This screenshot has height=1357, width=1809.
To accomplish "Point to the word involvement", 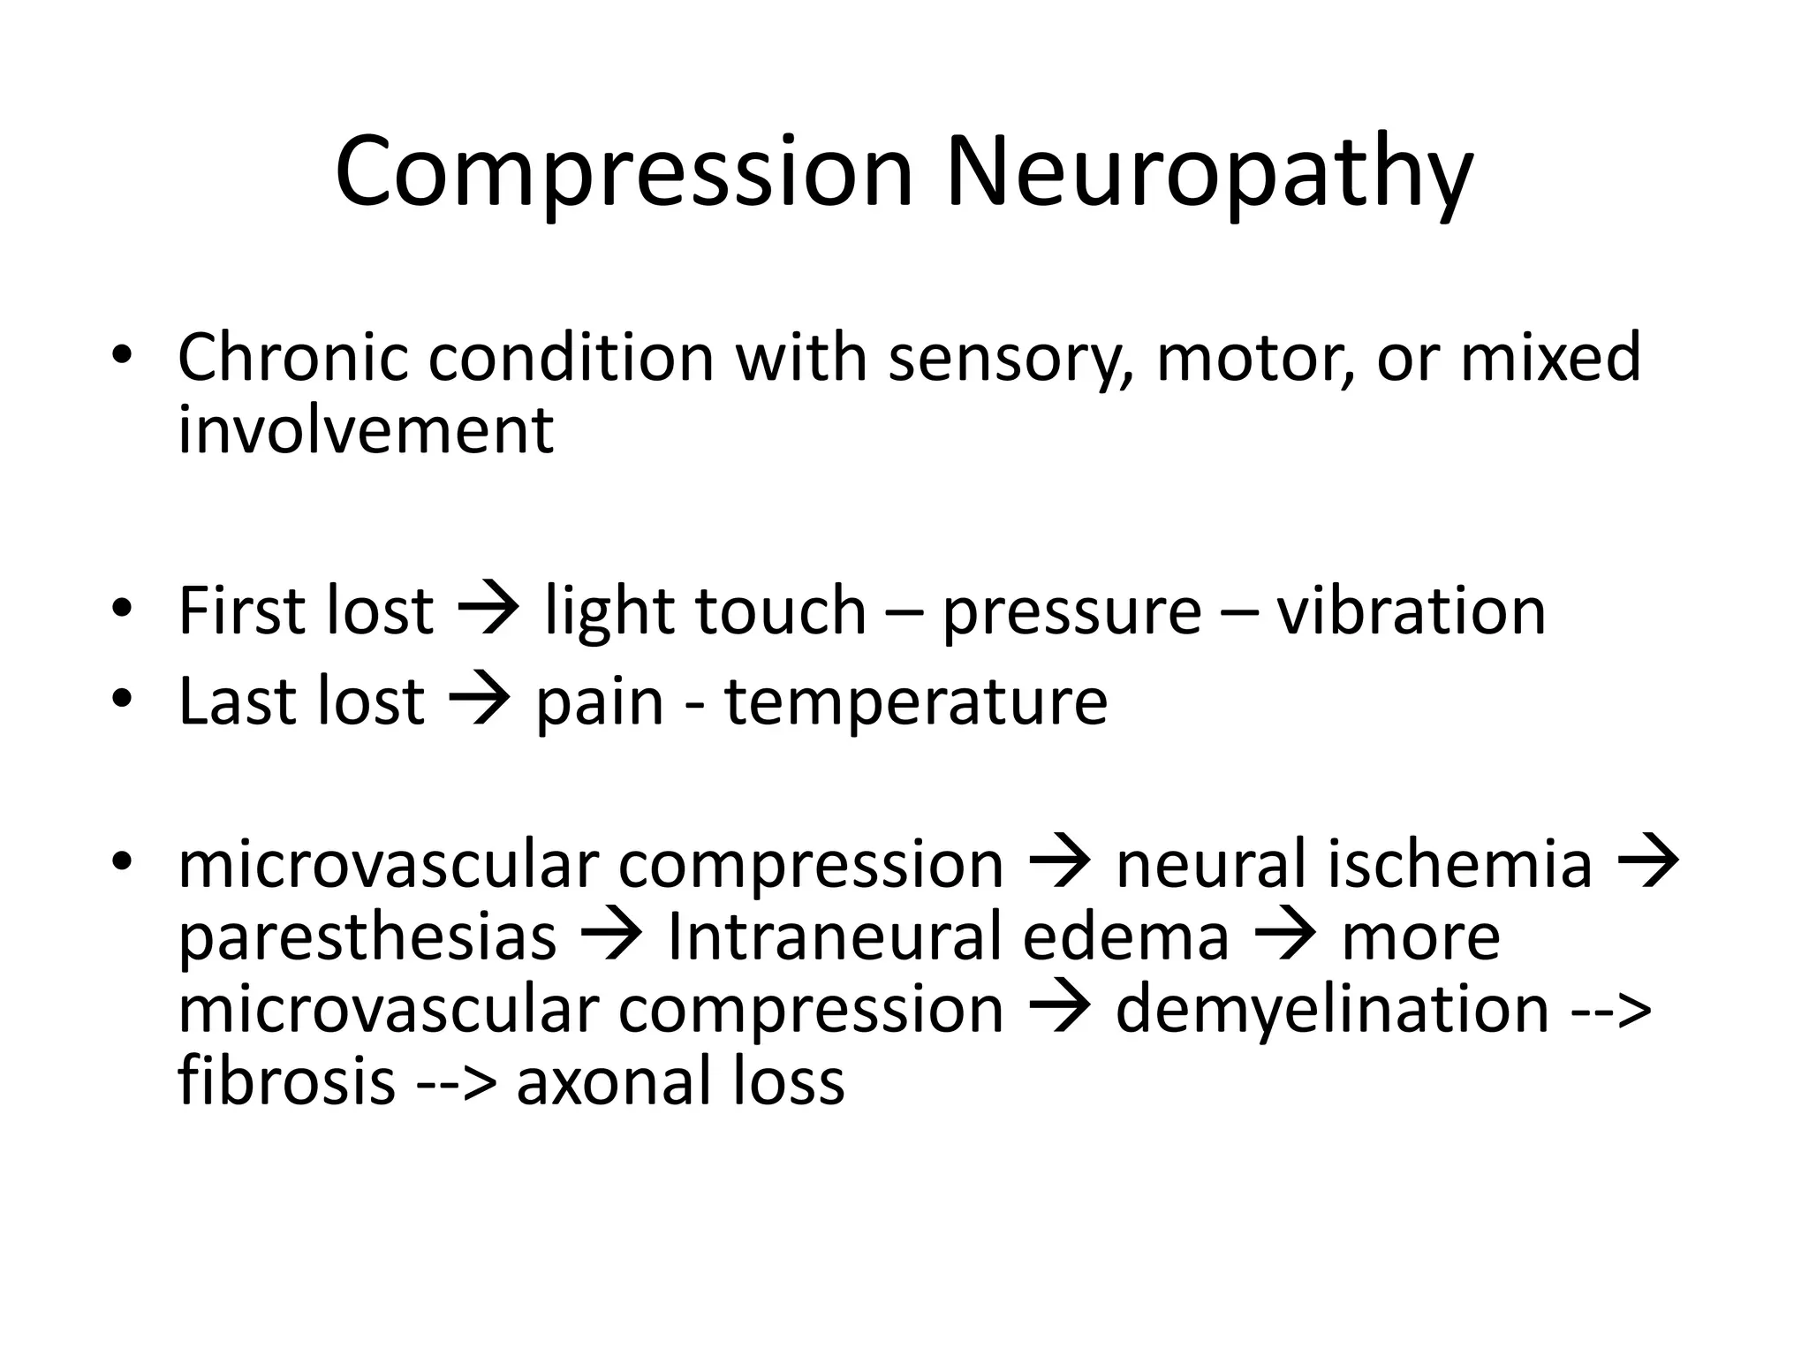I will [366, 430].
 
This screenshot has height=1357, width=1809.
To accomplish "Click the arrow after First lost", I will [488, 610].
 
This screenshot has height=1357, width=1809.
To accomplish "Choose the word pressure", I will [1072, 612].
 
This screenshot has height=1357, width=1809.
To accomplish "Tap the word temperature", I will [916, 702].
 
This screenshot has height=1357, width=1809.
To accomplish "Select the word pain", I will [600, 702].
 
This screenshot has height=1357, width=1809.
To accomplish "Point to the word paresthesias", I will [367, 936].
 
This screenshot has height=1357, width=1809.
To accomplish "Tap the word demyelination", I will [1332, 1009].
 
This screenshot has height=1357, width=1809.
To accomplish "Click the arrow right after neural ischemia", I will [1647, 863].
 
